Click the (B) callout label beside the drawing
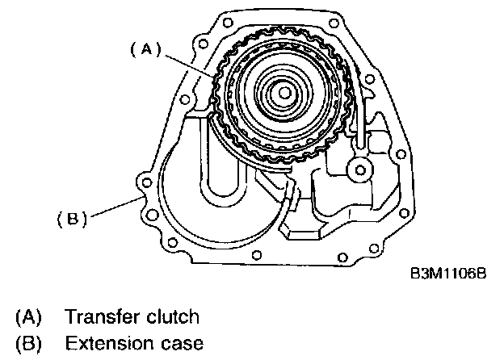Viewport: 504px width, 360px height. pyautogui.click(x=73, y=217)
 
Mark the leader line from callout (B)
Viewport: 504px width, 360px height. pyautogui.click(x=113, y=208)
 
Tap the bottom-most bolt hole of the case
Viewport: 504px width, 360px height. pyautogui.click(x=256, y=257)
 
